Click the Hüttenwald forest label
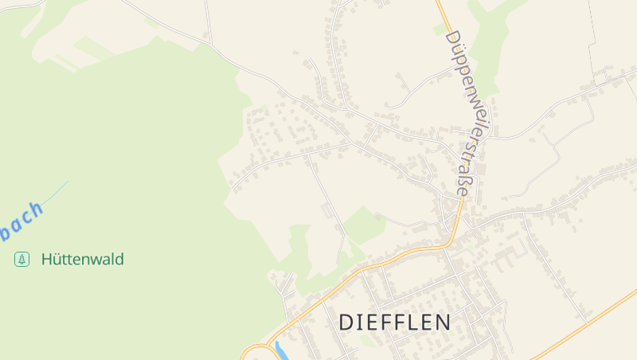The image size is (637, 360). tap(82, 259)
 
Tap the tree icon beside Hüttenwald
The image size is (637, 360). tap(21, 259)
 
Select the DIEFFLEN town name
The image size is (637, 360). tap(395, 323)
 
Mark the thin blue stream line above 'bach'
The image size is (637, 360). tap(56, 192)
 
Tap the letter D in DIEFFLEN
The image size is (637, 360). tap(346, 323)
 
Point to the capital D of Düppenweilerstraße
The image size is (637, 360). tap(452, 37)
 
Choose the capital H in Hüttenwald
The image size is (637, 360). tap(46, 259)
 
